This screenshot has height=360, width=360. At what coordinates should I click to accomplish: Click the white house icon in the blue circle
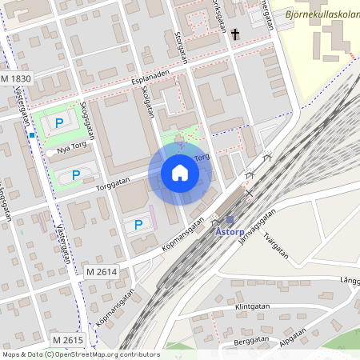(x=180, y=173)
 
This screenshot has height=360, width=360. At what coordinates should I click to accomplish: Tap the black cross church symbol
(x=235, y=34)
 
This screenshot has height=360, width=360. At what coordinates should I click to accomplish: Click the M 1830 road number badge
(x=16, y=79)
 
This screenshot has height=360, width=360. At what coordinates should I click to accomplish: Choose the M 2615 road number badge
(x=68, y=341)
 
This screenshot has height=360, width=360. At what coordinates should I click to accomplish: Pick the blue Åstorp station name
(x=230, y=231)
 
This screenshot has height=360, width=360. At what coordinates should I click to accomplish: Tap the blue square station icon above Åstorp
(x=230, y=219)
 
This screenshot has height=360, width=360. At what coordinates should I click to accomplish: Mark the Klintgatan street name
(x=251, y=306)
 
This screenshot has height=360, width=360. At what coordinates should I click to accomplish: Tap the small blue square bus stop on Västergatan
(x=31, y=135)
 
